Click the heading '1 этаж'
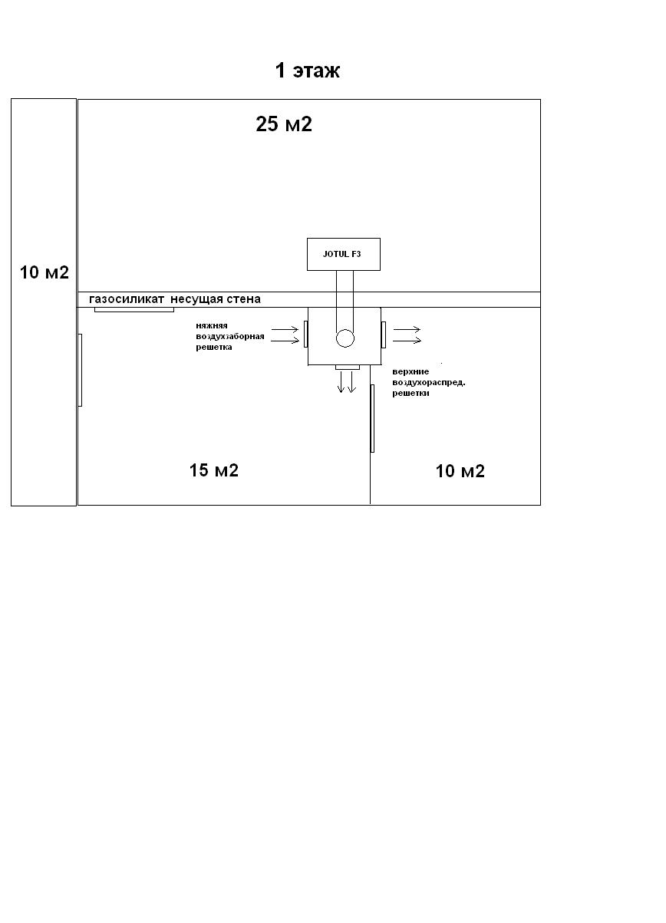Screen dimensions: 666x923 (x=308, y=71)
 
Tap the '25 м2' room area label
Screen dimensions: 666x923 (x=284, y=124)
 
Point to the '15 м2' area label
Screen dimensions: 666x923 (x=214, y=470)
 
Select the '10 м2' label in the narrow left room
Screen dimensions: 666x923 (x=45, y=272)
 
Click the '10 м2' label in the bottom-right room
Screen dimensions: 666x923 (x=460, y=471)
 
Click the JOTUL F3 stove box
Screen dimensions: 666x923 (x=344, y=254)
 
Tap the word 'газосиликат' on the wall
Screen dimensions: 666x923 (x=127, y=299)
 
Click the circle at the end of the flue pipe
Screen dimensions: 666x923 (x=345, y=338)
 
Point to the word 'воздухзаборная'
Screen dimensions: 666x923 (x=230, y=336)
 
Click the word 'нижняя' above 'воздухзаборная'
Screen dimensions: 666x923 (x=212, y=325)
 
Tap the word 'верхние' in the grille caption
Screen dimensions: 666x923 (x=410, y=371)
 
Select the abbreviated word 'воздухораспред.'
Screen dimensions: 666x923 (x=429, y=382)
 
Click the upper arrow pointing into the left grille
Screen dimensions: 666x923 (x=285, y=329)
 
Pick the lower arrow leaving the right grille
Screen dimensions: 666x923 (x=407, y=341)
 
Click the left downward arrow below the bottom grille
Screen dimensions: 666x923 (x=341, y=381)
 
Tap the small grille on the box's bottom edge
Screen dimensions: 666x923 (x=348, y=368)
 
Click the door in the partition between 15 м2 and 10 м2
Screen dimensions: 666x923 (x=373, y=418)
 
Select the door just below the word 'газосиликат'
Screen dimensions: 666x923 (x=134, y=310)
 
